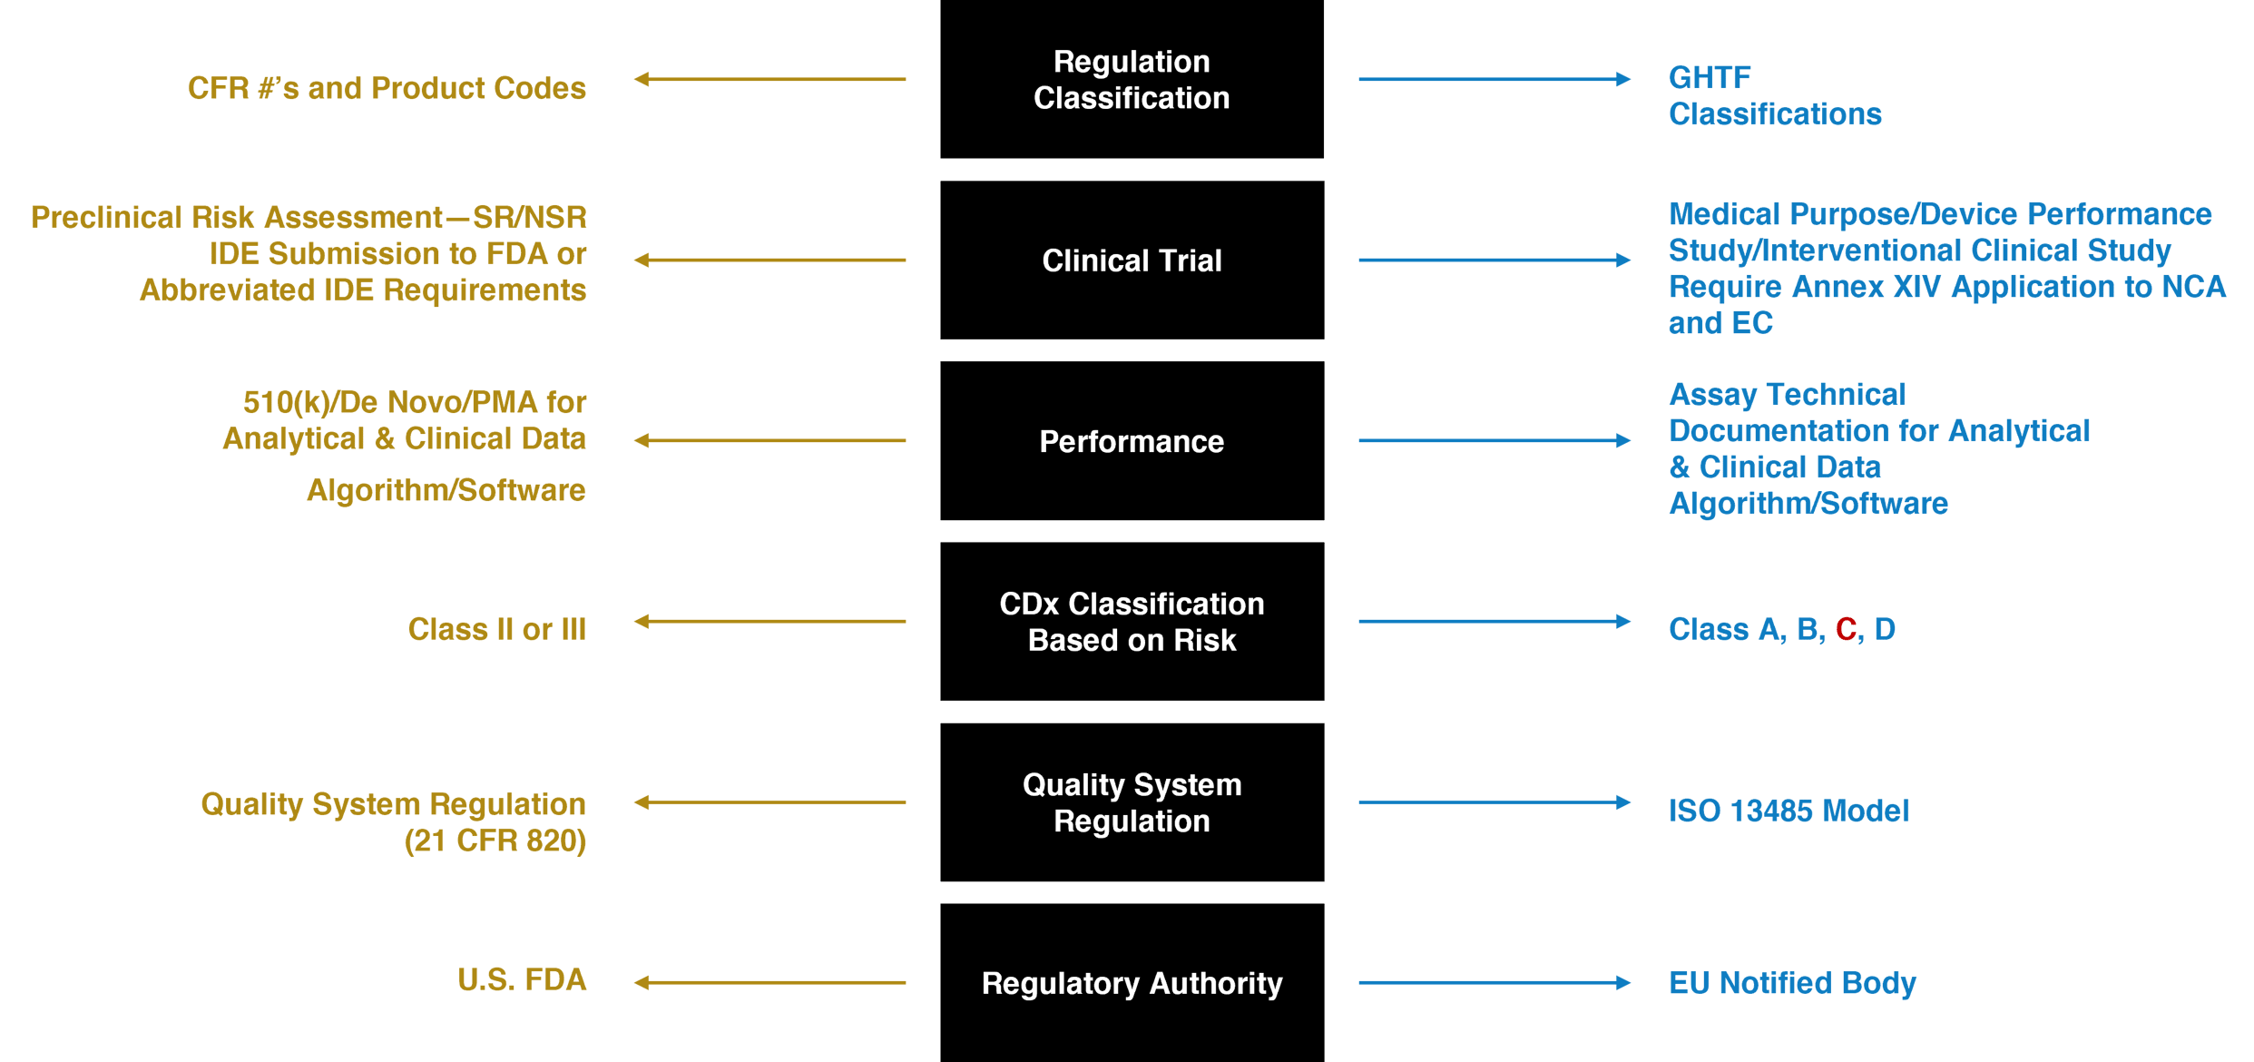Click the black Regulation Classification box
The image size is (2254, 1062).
click(x=1132, y=80)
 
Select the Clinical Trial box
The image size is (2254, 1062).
click(x=1132, y=261)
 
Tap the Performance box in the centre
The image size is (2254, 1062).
click(x=1132, y=441)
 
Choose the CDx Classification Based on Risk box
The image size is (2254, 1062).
click(x=1132, y=622)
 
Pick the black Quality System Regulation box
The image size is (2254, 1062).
click(x=1132, y=802)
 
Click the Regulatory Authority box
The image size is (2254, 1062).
click(x=1132, y=983)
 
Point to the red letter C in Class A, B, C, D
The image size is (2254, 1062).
click(x=1846, y=629)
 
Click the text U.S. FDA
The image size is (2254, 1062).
click(x=522, y=980)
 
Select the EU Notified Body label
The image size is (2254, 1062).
click(x=1792, y=983)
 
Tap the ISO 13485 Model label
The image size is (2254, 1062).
click(x=1788, y=811)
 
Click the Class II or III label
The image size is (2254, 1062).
click(x=496, y=629)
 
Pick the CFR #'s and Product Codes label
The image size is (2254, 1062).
click(x=387, y=88)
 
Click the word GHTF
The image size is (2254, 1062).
click(x=1710, y=78)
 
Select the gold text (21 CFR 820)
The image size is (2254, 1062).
click(x=495, y=841)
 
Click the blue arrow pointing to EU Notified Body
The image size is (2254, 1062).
click(x=1494, y=983)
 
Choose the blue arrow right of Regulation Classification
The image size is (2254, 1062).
click(x=1494, y=80)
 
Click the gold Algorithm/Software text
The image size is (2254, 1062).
click(x=446, y=490)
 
